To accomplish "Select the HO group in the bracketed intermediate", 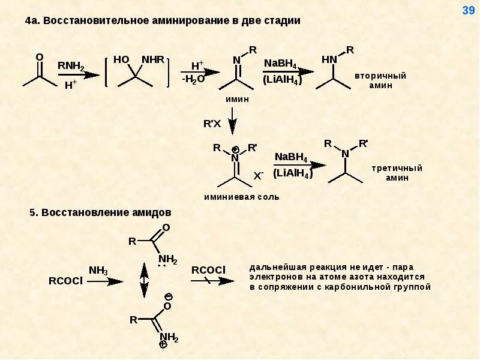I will [x=121, y=60].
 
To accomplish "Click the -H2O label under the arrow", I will [x=193, y=79].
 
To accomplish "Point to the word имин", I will [x=236, y=100].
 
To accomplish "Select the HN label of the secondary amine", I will [x=329, y=59].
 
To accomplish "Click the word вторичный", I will [x=380, y=76].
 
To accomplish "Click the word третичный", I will [x=397, y=168].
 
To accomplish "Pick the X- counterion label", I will [x=259, y=176].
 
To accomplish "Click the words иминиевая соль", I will [x=241, y=197].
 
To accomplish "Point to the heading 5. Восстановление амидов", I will [x=100, y=212].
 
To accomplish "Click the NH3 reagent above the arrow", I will [x=98, y=270].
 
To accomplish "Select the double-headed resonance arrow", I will [x=144, y=280].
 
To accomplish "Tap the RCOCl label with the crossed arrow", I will [x=208, y=269].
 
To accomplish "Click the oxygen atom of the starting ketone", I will [x=40, y=57].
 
